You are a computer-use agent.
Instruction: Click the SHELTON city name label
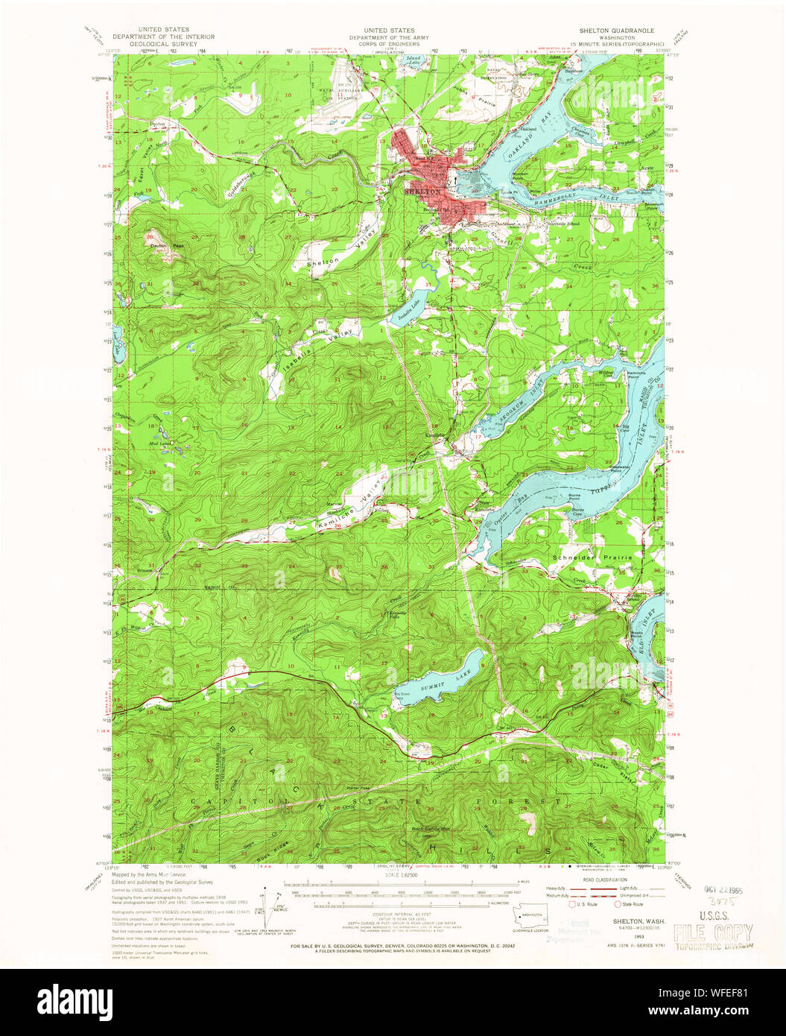coord(423,192)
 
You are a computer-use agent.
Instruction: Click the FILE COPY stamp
coord(712,932)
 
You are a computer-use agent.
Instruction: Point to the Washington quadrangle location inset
coord(530,917)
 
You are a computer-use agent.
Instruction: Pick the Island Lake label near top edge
coord(413,60)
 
